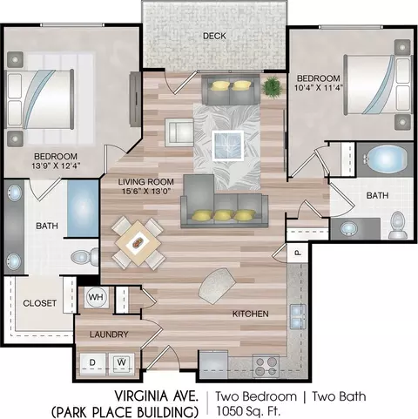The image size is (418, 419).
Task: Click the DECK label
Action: click(x=214, y=36)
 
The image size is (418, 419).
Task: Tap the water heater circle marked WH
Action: click(x=96, y=297)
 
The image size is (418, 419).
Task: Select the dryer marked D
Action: click(x=92, y=362)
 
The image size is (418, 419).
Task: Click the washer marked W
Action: click(x=122, y=362)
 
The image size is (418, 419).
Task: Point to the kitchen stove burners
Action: click(x=266, y=366)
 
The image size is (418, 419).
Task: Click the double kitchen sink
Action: click(x=298, y=316)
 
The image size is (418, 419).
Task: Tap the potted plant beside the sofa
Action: click(x=272, y=85)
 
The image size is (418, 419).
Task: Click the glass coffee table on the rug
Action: click(x=227, y=145)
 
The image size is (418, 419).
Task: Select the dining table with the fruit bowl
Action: click(x=138, y=243)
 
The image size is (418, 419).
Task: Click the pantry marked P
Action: click(x=297, y=253)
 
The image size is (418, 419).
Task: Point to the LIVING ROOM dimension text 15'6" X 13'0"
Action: click(x=145, y=191)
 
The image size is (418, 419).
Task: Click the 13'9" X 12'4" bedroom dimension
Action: click(x=56, y=166)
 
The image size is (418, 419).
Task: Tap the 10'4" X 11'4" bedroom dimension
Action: click(x=319, y=87)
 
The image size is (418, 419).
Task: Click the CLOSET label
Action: click(x=39, y=303)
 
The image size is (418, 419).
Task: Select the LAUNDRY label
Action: click(x=109, y=335)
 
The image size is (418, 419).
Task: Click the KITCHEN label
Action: click(x=251, y=314)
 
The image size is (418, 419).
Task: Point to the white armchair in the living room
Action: click(x=179, y=132)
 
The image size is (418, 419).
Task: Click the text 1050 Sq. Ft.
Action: click(x=248, y=411)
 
